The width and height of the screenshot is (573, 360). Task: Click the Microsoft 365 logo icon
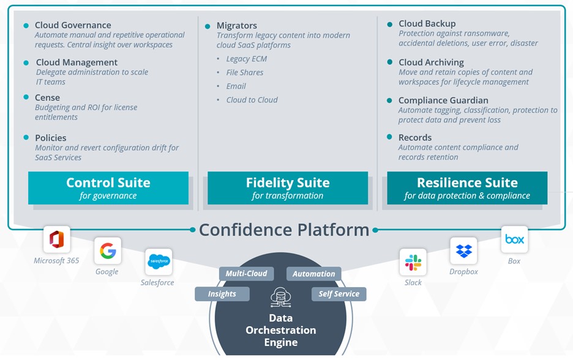pos(57,239)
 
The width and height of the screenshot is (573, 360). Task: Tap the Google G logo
pos(108,250)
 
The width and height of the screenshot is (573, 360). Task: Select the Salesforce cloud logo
pos(159,261)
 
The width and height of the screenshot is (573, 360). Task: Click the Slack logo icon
pos(413,263)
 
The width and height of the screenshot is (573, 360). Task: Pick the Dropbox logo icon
pos(463,251)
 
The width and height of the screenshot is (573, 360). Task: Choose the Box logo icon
pos(514,239)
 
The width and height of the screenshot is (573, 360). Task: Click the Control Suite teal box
pos(108,188)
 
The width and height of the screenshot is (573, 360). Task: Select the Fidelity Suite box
pos(288,188)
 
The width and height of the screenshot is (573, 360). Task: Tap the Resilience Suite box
pos(467,188)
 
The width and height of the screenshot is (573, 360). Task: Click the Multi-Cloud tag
pos(246,274)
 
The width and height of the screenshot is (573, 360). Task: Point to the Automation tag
pos(313,274)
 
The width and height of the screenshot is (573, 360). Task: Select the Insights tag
pos(222,294)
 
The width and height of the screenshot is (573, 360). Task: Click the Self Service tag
pos(339,294)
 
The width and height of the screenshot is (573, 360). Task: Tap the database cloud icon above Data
pos(281,298)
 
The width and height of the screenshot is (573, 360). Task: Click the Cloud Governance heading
pos(73,25)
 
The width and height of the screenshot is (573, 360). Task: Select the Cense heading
pos(47,97)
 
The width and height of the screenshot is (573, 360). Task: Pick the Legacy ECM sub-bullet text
pos(246,59)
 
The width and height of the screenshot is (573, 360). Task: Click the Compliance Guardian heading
pos(443,100)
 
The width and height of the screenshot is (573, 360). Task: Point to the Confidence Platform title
pos(284,230)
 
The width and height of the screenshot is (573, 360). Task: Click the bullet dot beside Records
pos(389,137)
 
